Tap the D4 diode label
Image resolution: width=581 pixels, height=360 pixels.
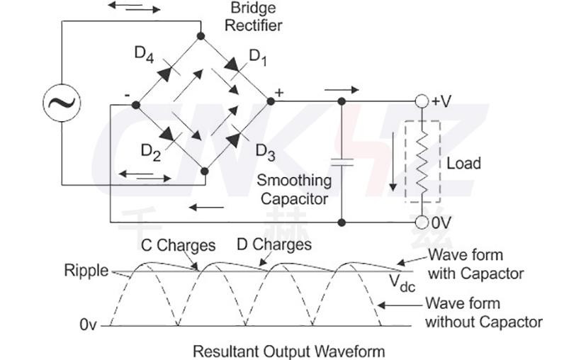point(145,54)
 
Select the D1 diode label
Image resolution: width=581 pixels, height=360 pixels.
point(258,57)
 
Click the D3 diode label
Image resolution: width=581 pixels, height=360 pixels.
point(264,151)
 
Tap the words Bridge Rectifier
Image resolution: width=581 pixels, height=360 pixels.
point(253,17)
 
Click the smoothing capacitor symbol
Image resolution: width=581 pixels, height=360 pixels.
point(342,162)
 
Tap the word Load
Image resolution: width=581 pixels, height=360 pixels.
point(463,163)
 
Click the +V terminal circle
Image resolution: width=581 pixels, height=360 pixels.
point(422,101)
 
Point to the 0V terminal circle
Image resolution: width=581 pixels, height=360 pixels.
point(422,222)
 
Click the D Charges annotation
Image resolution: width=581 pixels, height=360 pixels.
point(273,245)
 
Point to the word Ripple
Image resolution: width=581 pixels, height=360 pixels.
point(86,270)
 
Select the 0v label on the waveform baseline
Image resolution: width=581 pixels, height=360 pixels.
point(88,326)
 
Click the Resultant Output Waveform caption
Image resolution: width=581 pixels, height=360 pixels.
point(289,351)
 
